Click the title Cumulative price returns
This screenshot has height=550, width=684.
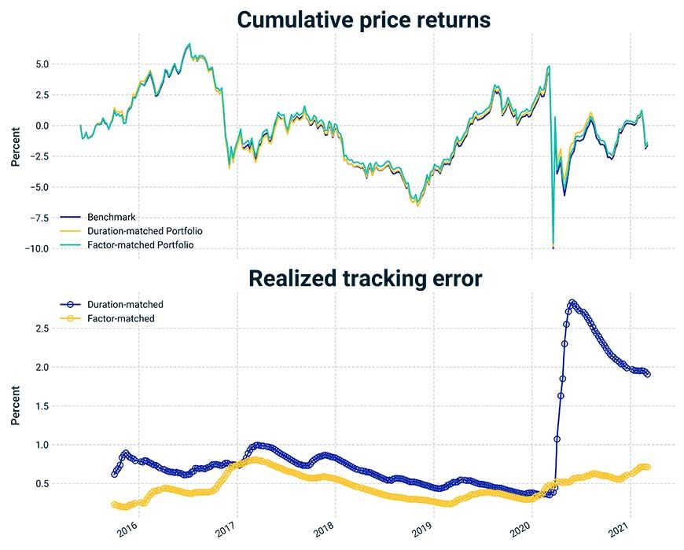point(365,20)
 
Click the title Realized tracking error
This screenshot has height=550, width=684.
point(365,278)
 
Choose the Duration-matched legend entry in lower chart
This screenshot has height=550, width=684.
point(124,304)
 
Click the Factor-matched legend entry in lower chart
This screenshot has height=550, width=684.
point(120,318)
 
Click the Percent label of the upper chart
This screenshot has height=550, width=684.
point(16,146)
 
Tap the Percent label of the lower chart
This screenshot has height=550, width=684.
point(16,405)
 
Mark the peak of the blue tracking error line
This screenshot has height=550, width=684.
point(572,302)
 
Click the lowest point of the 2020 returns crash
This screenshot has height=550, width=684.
point(553,247)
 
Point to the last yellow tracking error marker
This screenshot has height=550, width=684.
point(647,467)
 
